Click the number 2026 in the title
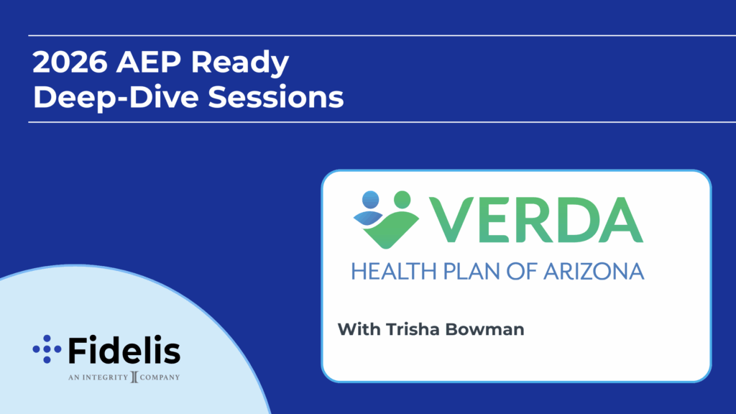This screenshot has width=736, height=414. click(x=70, y=62)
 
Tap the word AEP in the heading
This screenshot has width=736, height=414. click(x=149, y=62)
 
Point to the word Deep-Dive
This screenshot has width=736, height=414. click(x=117, y=98)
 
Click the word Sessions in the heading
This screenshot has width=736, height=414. click(x=275, y=97)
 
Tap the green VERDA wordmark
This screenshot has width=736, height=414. click(x=535, y=220)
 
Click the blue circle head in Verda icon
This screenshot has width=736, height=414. click(x=370, y=200)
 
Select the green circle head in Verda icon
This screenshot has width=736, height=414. click(x=402, y=199)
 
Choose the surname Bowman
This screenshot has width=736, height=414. click(x=484, y=329)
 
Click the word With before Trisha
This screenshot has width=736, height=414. click(x=359, y=329)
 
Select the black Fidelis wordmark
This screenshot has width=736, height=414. click(x=124, y=350)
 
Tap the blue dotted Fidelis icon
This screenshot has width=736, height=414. click(x=47, y=349)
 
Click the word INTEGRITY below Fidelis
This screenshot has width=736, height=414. click(x=105, y=377)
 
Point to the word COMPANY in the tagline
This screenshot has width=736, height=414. click(x=160, y=377)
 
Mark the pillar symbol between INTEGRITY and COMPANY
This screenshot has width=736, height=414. click(x=134, y=377)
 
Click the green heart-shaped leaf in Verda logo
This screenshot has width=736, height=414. click(x=392, y=229)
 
